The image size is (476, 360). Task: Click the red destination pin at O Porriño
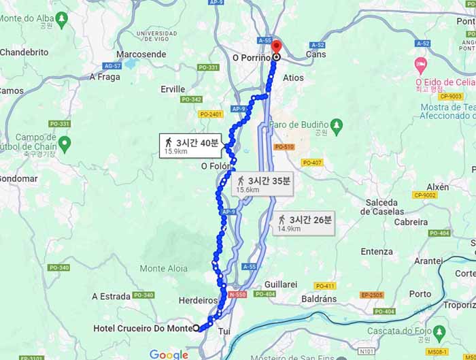coord(276,48)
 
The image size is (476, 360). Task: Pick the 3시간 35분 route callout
coord(264,183)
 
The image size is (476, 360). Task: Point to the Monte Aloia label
coord(163,269)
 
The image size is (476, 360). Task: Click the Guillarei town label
coord(281,284)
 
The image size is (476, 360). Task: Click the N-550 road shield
coord(237,295)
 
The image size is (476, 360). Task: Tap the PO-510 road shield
coord(284,147)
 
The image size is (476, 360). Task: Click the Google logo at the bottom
coord(169,355)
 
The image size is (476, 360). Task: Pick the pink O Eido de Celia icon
coord(421,65)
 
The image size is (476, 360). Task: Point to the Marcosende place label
coord(141,54)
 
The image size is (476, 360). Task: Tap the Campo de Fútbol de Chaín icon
coord(65,143)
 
